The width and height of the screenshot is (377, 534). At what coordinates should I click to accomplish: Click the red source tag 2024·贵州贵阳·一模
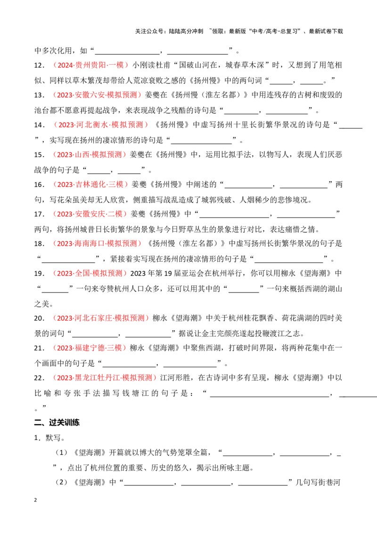pyautogui.click(x=90, y=65)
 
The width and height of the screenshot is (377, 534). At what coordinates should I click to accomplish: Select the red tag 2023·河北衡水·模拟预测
pyautogui.click(x=101, y=125)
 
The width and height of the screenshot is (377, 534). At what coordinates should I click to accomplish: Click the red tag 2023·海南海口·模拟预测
pyautogui.click(x=97, y=243)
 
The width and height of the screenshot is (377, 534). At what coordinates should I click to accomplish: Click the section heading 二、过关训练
pyautogui.click(x=57, y=422)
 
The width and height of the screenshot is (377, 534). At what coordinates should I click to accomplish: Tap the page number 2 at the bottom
pyautogui.click(x=35, y=500)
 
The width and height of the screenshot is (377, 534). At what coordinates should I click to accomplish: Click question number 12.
pyautogui.click(x=39, y=66)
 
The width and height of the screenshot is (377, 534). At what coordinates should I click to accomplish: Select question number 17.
pyautogui.click(x=39, y=214)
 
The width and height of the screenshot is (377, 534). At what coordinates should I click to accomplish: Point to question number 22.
pyautogui.click(x=39, y=378)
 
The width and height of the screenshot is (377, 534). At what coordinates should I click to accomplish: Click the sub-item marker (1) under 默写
pyautogui.click(x=62, y=452)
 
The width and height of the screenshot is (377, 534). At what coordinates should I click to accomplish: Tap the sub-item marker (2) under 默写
pyautogui.click(x=62, y=482)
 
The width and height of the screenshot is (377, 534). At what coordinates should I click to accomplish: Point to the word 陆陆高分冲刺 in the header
pyautogui.click(x=186, y=31)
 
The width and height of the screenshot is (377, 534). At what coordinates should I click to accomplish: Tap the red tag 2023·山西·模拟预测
pyautogui.click(x=90, y=155)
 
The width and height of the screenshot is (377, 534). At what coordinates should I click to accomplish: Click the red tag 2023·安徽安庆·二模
pyautogui.click(x=90, y=214)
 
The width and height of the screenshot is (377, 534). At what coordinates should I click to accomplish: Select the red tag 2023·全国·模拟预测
pyautogui.click(x=90, y=274)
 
